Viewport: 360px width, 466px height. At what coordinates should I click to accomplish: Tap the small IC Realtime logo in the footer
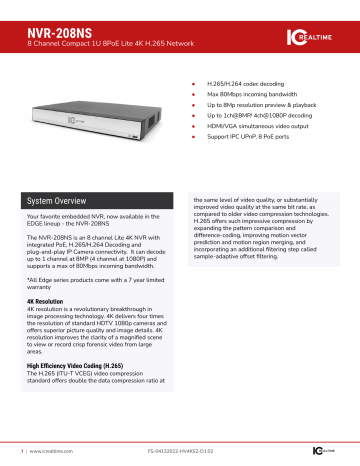(x=334, y=453)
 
